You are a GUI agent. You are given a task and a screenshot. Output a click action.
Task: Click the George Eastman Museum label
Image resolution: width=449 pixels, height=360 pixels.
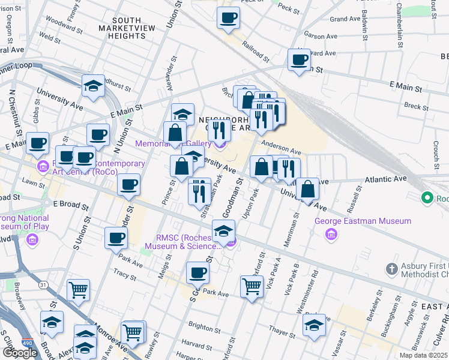[363, 221]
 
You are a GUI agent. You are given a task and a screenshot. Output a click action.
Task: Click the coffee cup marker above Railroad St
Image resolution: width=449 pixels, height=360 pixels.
[228, 18]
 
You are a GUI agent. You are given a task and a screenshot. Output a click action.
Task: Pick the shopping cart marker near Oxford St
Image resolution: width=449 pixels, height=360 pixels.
[252, 286]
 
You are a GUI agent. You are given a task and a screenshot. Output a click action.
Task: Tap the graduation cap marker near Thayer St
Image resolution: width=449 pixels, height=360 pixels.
[313, 325]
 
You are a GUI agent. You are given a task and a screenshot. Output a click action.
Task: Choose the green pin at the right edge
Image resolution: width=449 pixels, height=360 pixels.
[427, 197]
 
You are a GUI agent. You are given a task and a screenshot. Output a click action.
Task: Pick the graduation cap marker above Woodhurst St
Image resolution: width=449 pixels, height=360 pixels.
[94, 86]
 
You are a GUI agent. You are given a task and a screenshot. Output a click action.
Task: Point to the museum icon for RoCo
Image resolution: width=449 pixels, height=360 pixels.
[43, 166]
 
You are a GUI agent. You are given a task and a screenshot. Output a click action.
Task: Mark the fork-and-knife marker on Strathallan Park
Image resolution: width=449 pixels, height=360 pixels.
[199, 190]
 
